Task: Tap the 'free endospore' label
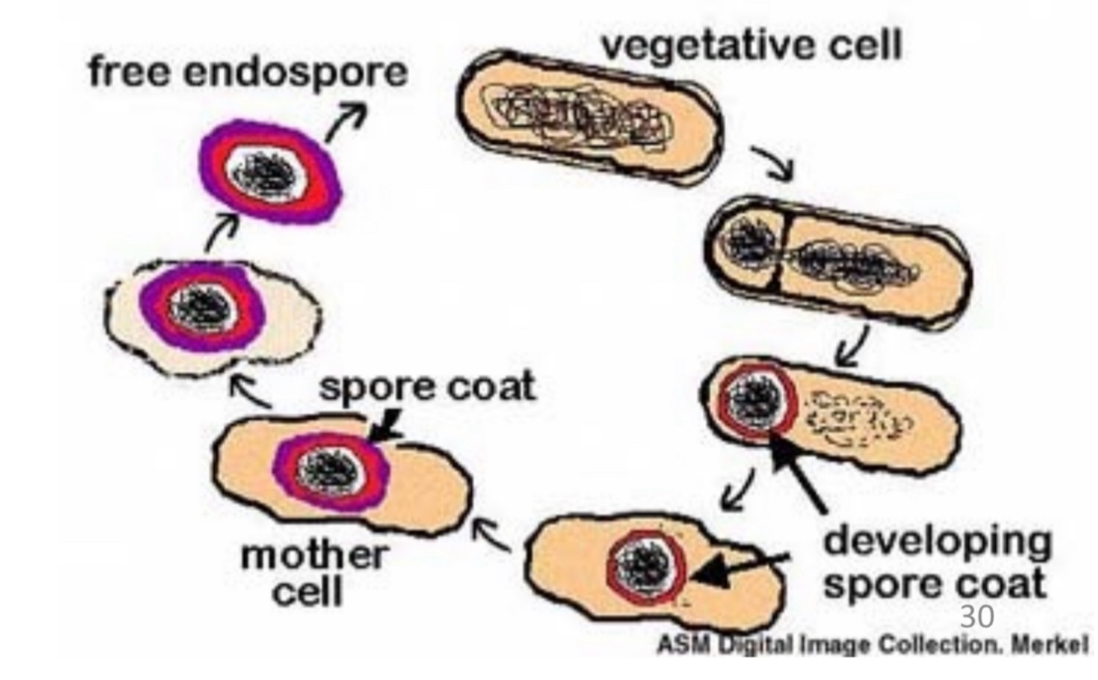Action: coord(247,72)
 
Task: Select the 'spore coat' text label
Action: coord(426,385)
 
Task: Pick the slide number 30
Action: coord(977,616)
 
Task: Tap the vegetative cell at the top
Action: coord(590,118)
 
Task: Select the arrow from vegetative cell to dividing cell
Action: coord(771,161)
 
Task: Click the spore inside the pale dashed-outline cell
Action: coord(202,306)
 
